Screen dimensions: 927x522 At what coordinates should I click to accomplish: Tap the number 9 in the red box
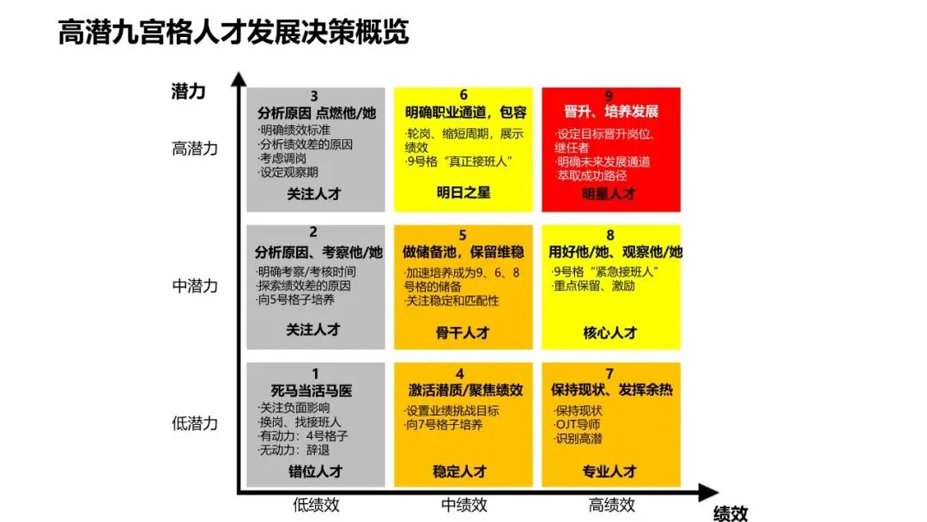(x=609, y=96)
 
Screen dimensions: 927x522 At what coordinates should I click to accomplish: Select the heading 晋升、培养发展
(x=610, y=112)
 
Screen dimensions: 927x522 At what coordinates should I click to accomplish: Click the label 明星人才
(x=610, y=194)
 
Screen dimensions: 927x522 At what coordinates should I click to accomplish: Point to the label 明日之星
(x=463, y=192)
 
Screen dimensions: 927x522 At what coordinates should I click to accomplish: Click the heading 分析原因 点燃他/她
(x=316, y=112)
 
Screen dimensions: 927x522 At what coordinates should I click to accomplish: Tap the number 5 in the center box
(x=463, y=235)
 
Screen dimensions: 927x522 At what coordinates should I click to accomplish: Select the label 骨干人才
(x=463, y=332)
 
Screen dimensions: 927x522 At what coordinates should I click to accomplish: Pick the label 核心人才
(x=610, y=332)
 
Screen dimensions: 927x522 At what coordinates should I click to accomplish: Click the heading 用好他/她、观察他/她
(x=615, y=252)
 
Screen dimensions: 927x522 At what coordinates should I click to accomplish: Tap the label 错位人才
(x=315, y=471)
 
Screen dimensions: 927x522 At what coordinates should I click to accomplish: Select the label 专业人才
(x=610, y=471)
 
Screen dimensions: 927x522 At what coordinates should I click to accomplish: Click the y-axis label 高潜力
(x=195, y=149)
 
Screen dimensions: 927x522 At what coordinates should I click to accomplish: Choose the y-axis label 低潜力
(x=195, y=423)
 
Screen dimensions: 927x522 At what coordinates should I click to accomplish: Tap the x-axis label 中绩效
(x=464, y=505)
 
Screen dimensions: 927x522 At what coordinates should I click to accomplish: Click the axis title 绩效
(x=730, y=513)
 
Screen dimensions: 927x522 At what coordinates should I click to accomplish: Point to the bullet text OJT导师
(x=578, y=424)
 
